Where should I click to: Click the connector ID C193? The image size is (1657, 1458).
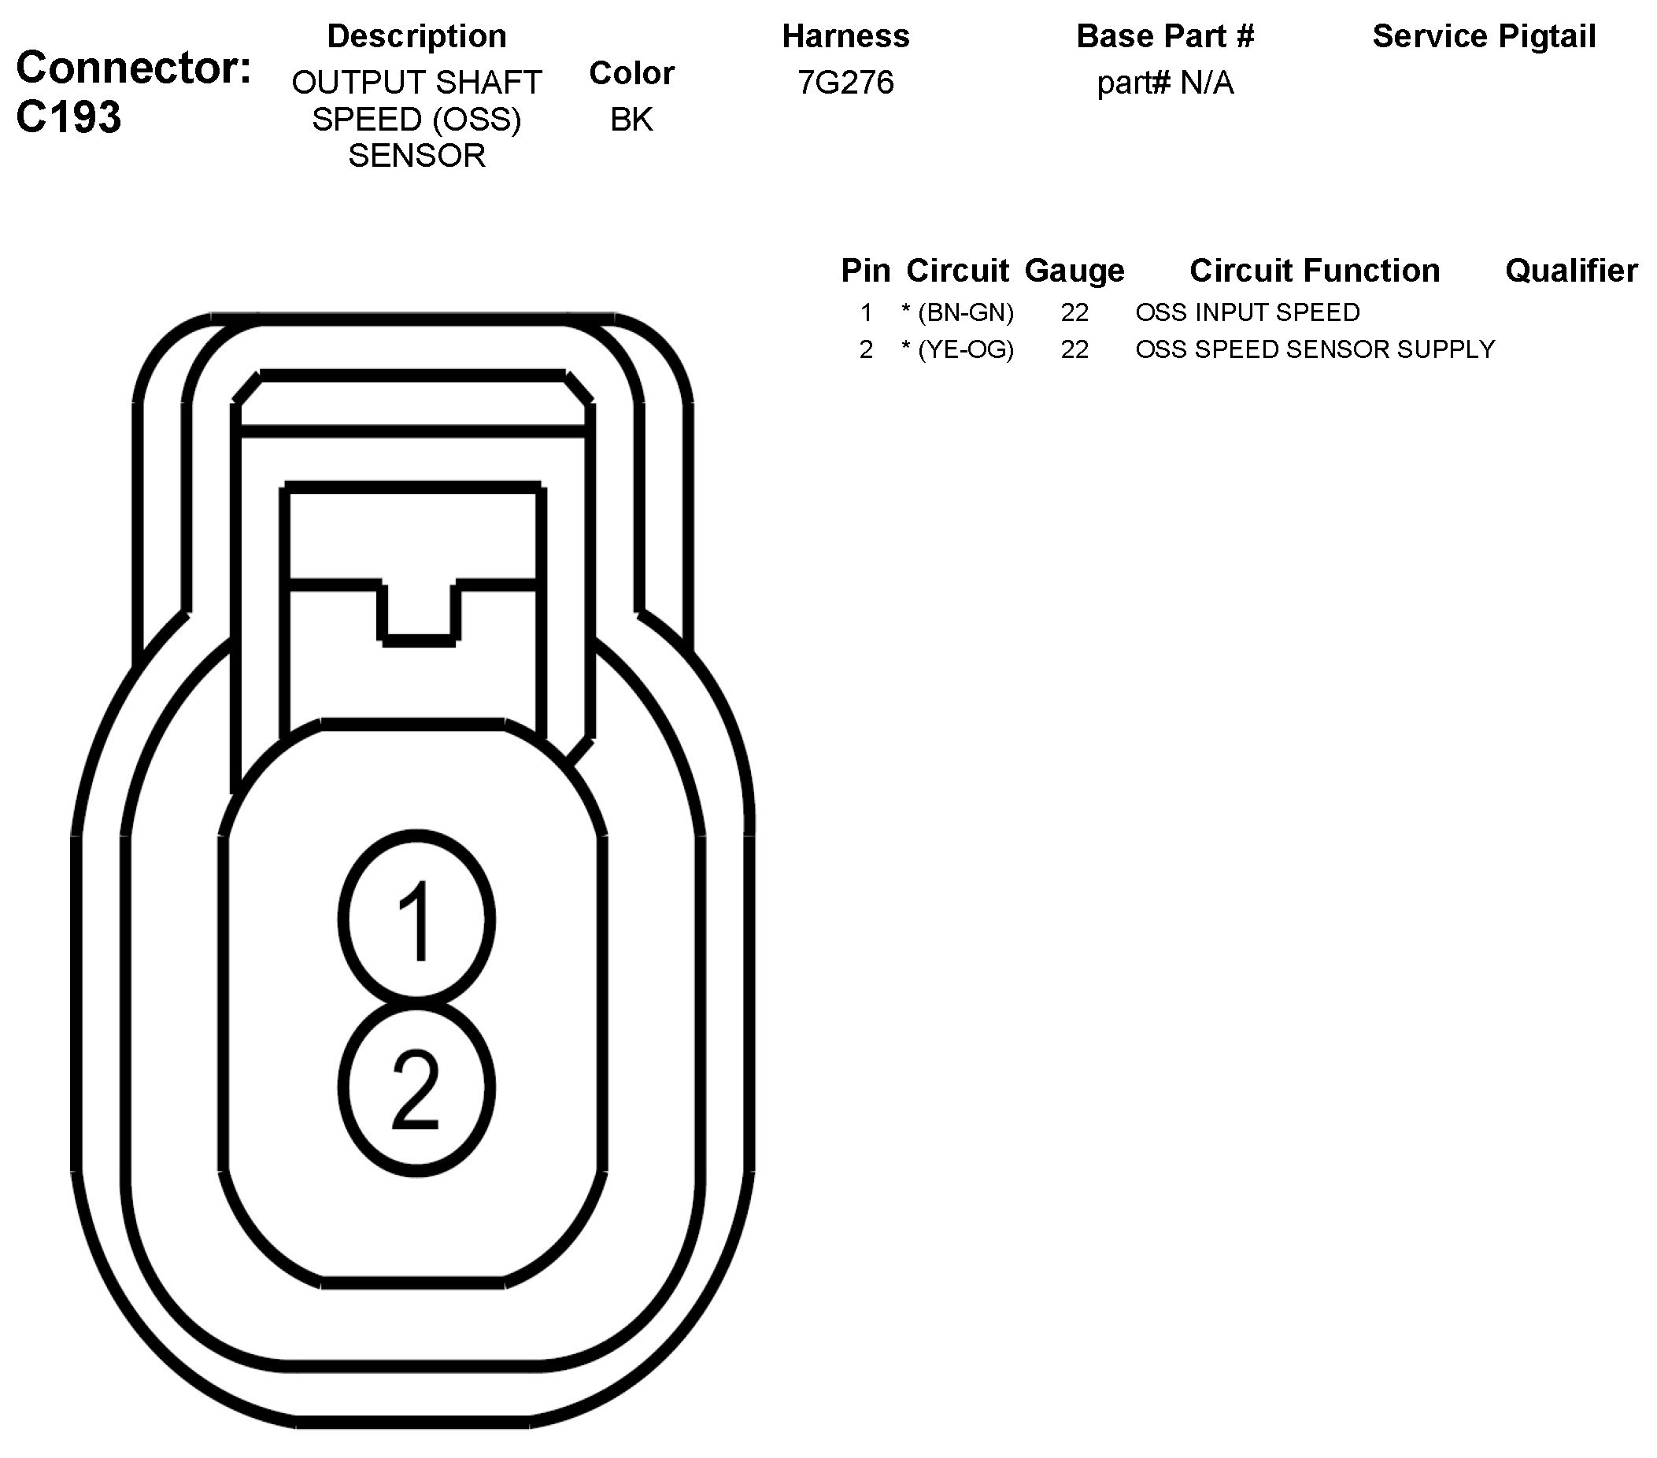(69, 117)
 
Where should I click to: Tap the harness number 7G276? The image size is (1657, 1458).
(845, 83)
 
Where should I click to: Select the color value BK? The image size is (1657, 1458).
(631, 120)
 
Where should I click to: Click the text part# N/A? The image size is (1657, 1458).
(1165, 83)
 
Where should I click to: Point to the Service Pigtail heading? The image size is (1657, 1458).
(1484, 36)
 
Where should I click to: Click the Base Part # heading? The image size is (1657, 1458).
(1165, 36)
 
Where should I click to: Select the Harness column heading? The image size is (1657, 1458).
(845, 36)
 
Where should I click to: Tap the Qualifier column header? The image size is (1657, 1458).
(1571, 271)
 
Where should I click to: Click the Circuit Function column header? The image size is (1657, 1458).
(1314, 271)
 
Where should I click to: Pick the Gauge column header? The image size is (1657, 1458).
(1074, 271)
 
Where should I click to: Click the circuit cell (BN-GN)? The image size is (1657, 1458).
(965, 313)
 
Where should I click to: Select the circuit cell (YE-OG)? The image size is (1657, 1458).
(965, 350)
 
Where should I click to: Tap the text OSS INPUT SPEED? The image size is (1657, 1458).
(1247, 313)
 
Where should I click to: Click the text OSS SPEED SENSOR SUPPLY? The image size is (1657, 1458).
(1314, 350)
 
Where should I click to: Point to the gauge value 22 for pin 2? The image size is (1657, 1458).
(1074, 350)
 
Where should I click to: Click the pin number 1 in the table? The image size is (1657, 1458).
(866, 313)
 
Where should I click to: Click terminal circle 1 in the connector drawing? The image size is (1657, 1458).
(416, 920)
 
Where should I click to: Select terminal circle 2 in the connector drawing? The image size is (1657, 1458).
(416, 1088)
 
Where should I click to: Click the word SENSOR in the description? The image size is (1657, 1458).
(416, 156)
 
